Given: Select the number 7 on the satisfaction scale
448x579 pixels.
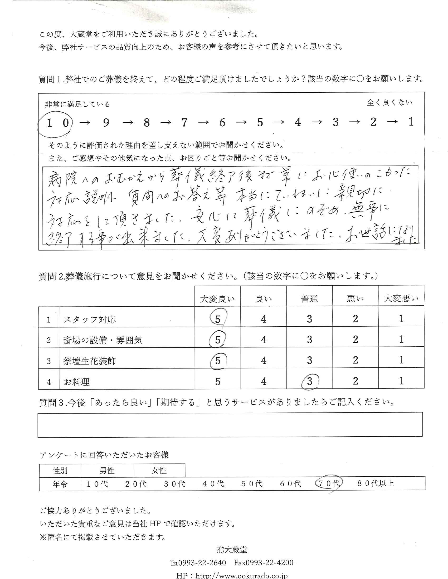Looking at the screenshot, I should point(184,122).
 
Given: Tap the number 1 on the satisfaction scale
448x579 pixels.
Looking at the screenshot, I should point(411,122).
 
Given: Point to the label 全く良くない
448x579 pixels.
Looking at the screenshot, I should point(389,103).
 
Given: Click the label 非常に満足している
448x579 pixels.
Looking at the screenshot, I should point(77,104).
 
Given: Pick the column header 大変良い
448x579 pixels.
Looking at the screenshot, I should point(217,299).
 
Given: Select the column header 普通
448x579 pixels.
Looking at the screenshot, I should point(309,299).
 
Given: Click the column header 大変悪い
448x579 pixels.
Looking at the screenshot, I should point(401,299).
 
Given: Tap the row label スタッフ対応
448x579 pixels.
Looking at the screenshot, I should point(90,320).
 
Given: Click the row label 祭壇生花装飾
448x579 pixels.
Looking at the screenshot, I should point(90,361).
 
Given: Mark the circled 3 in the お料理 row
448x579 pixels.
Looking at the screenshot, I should point(309,381).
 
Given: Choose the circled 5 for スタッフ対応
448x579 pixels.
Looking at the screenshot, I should point(218,319).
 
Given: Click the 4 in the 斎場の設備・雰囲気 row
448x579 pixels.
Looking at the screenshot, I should point(264,340).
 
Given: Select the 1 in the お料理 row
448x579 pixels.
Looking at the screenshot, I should point(401,381).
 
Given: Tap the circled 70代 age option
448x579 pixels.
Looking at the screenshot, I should point(329,483).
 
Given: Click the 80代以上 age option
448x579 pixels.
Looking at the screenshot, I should point(376,483).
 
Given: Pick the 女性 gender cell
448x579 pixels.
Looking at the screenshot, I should point(159,471).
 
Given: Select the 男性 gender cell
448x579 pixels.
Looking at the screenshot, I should point(107,471).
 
